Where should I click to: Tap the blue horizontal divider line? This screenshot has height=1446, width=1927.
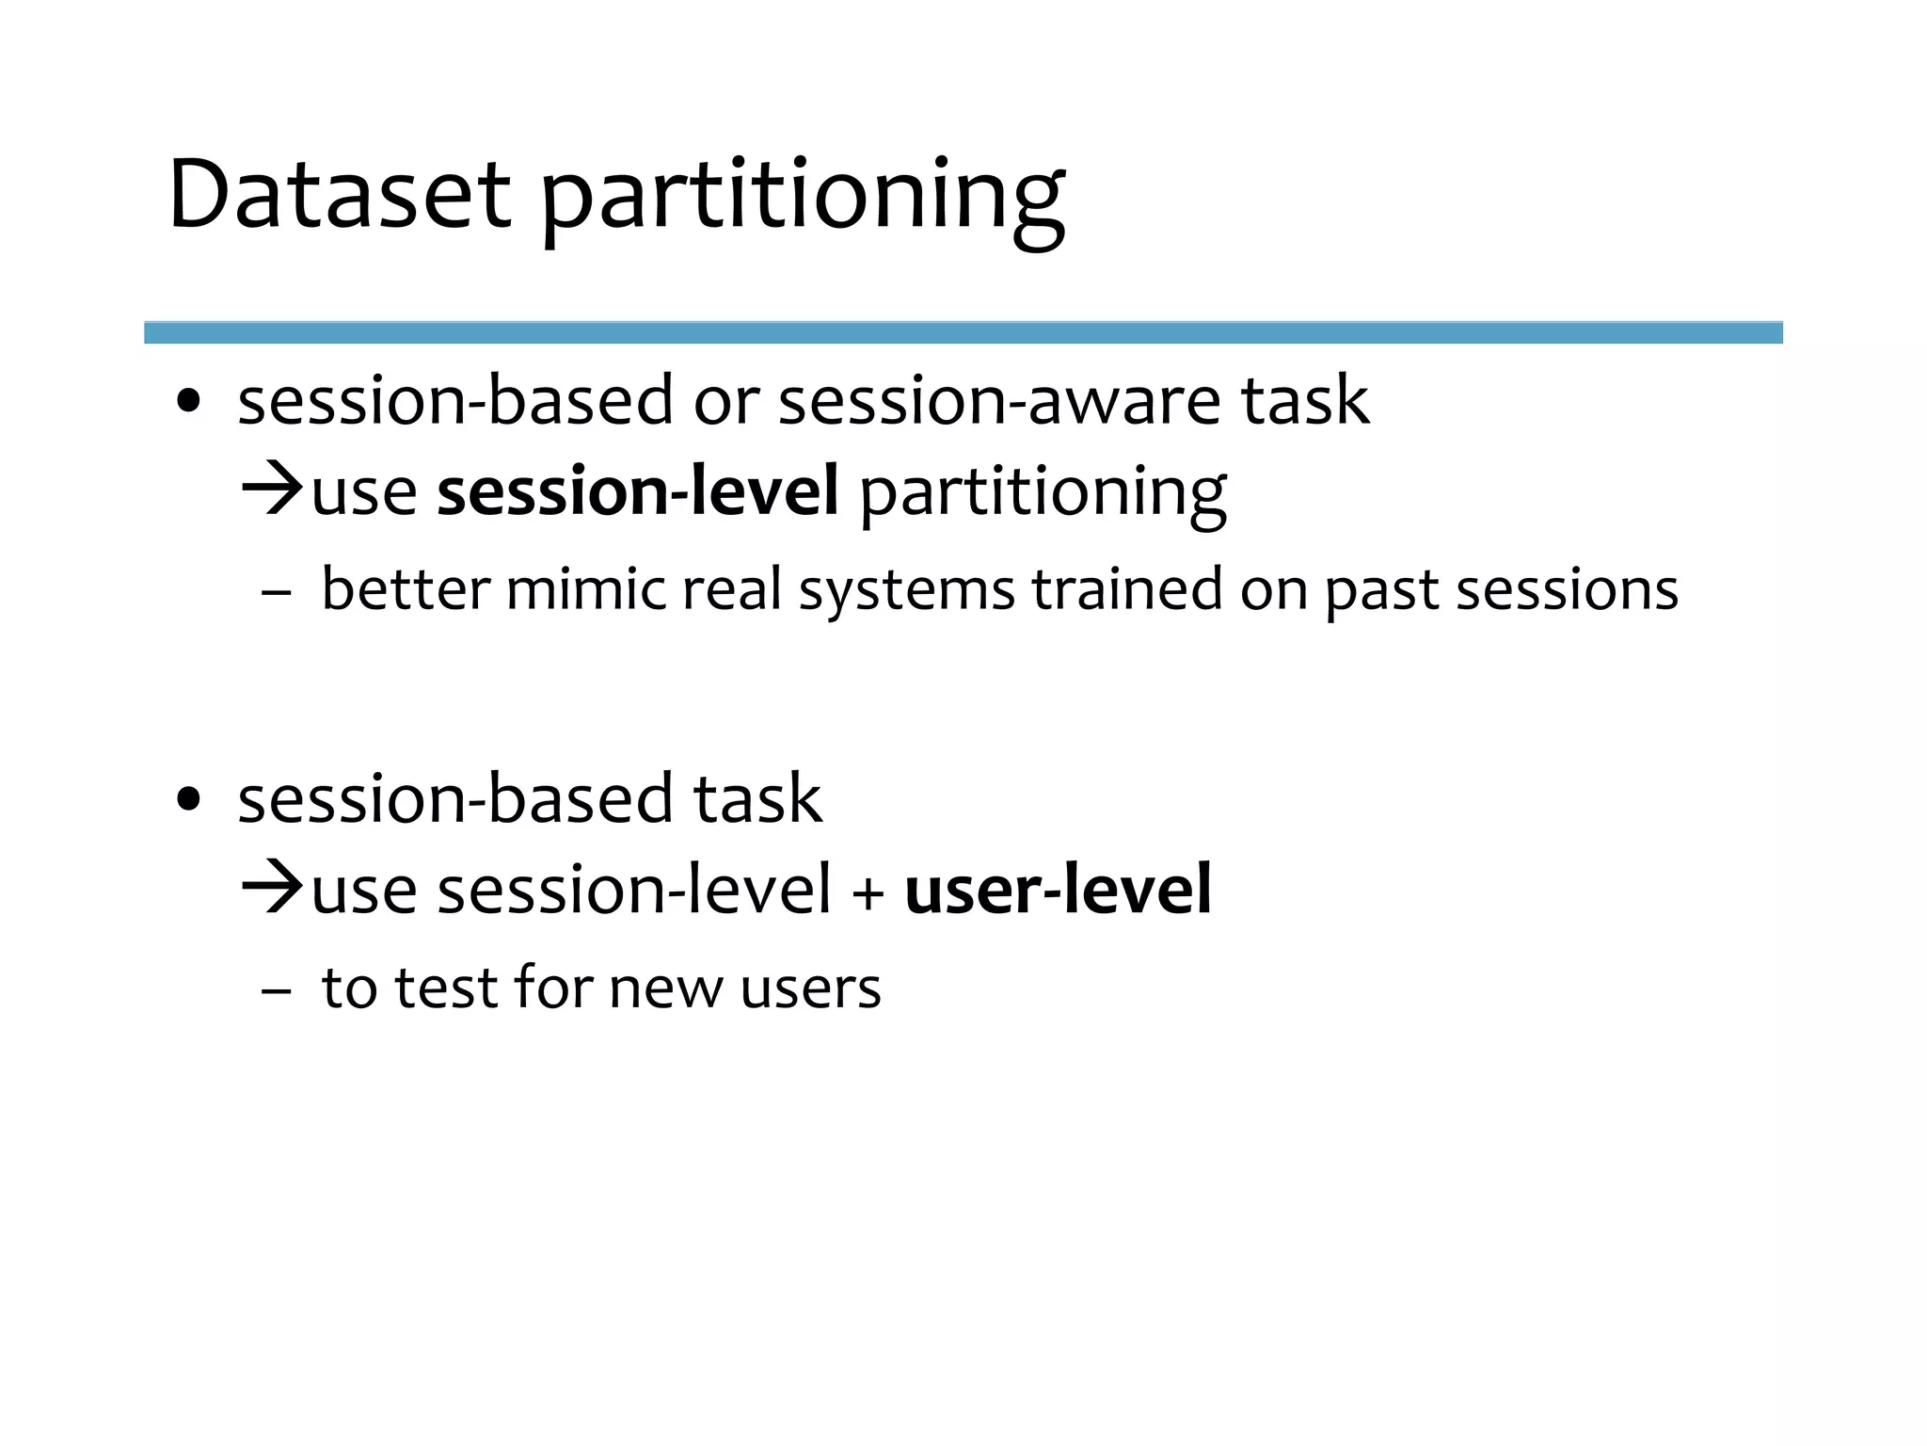(963, 332)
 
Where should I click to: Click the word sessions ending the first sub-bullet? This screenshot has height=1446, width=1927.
(1567, 590)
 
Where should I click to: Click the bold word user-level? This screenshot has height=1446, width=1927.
(1058, 890)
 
